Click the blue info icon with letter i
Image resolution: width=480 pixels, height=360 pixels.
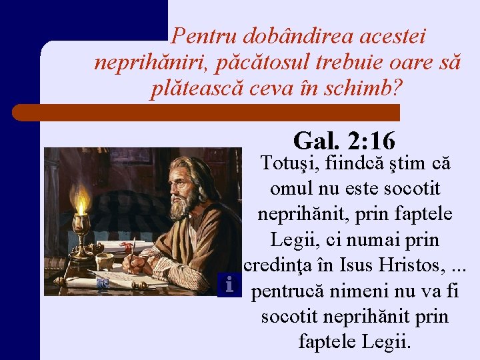tap(229, 285)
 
